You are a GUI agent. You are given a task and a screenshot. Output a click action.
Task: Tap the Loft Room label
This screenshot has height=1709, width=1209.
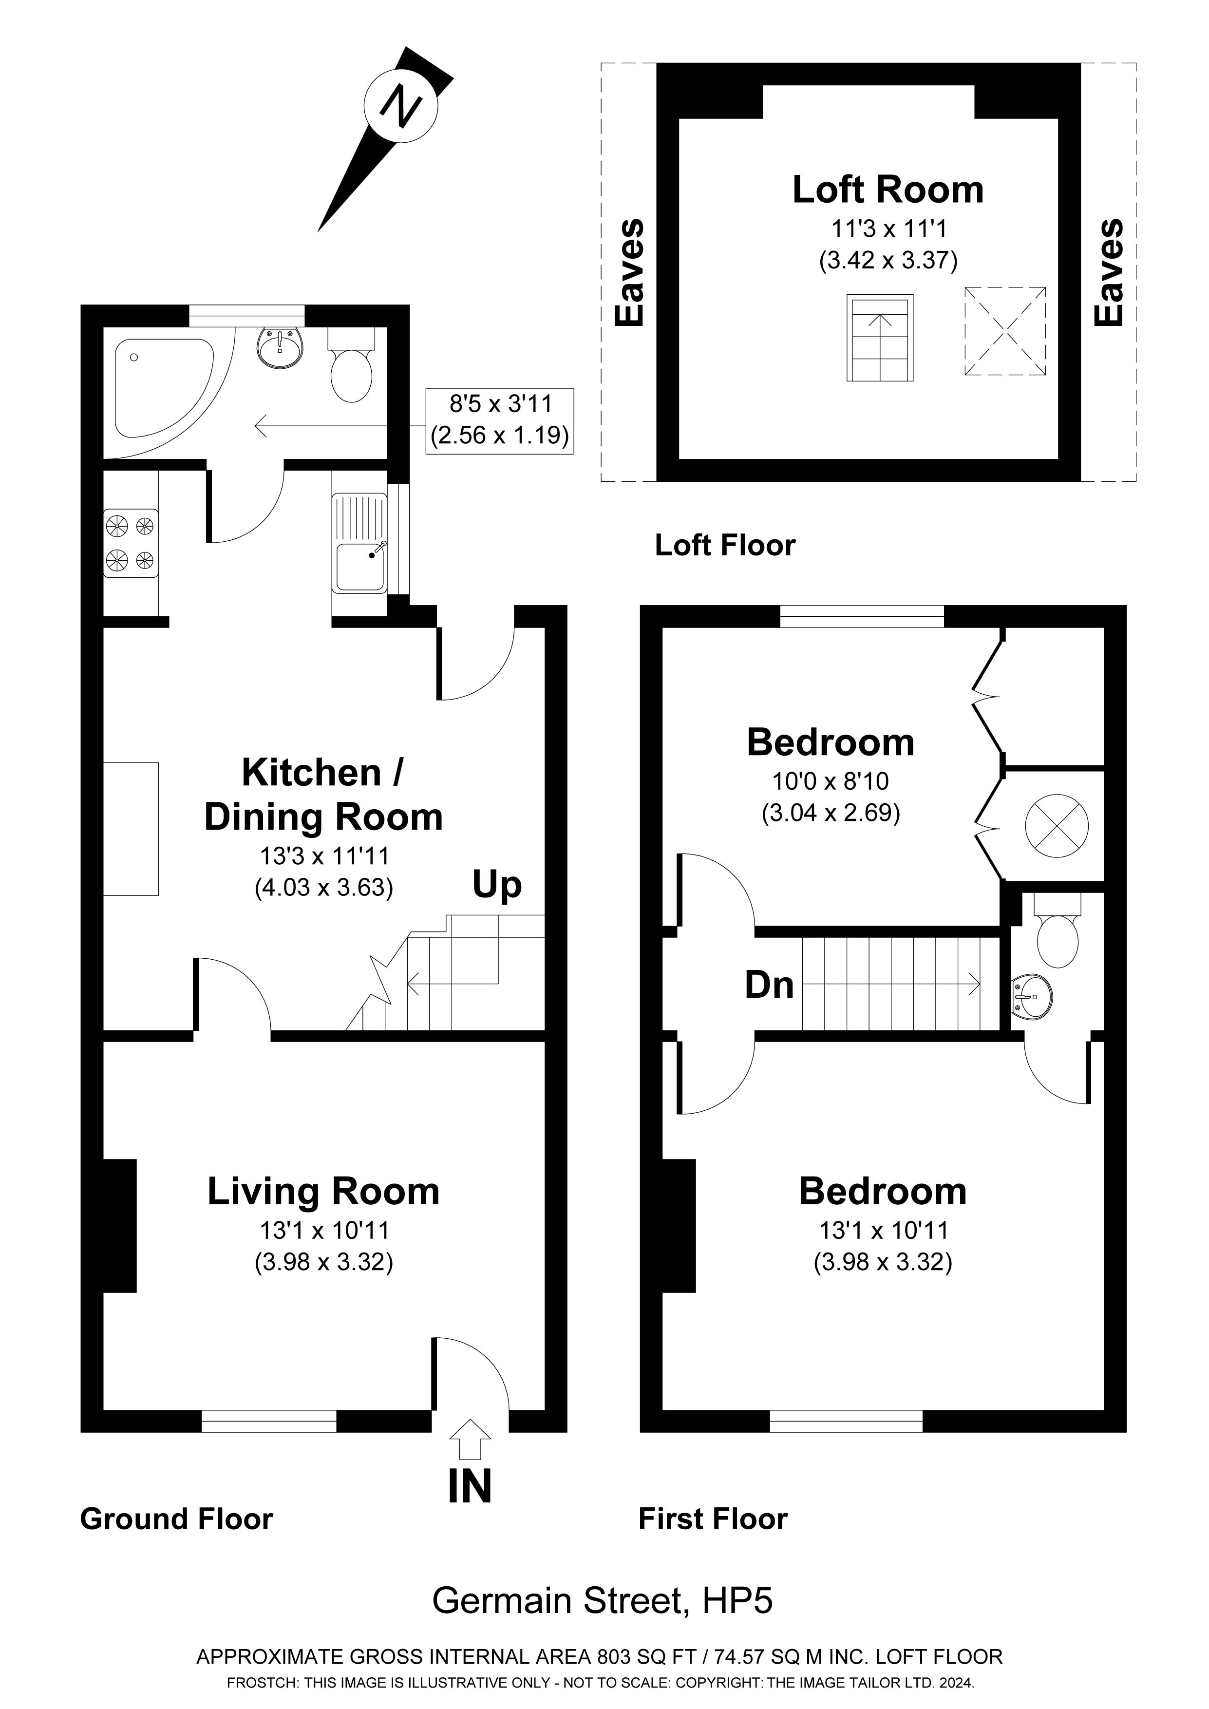(888, 190)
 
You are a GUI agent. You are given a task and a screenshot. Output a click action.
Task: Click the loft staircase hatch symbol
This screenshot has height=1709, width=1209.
(880, 338)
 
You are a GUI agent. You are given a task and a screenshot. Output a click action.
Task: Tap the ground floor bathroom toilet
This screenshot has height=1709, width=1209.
(351, 368)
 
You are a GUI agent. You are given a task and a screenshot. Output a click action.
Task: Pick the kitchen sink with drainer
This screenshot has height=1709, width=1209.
(359, 543)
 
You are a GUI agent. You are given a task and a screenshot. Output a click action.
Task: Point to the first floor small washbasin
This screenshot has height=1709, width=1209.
(1033, 997)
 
